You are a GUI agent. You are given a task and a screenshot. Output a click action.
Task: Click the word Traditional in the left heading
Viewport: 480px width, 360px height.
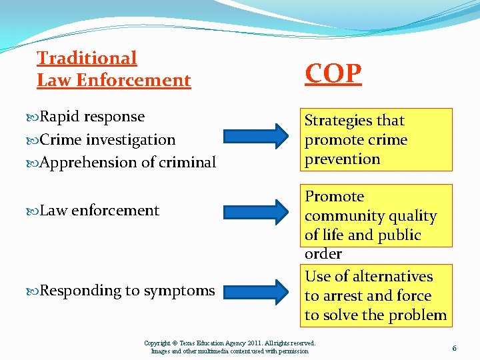[87, 58]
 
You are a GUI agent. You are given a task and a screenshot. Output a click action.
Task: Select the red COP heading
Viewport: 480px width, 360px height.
[333, 73]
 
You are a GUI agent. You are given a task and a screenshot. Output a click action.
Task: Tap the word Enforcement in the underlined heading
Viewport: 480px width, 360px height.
[133, 81]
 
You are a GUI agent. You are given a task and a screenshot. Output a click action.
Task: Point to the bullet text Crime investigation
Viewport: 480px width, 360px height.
[107, 140]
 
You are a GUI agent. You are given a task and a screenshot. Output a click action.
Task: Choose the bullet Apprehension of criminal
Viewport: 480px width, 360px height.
[128, 163]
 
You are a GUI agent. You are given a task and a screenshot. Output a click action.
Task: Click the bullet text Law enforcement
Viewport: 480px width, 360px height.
[99, 211]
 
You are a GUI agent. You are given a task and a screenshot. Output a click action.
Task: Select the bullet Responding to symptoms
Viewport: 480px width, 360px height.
[127, 291]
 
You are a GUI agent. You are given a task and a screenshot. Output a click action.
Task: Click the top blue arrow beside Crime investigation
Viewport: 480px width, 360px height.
[258, 139]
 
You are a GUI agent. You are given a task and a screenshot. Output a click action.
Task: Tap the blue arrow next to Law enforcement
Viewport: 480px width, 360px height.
[258, 211]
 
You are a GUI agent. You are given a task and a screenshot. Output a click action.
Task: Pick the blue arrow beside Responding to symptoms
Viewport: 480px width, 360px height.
[258, 291]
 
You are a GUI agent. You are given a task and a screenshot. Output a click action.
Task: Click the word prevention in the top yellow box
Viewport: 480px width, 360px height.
[342, 159]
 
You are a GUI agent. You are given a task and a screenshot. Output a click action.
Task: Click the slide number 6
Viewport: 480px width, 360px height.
[454, 348]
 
